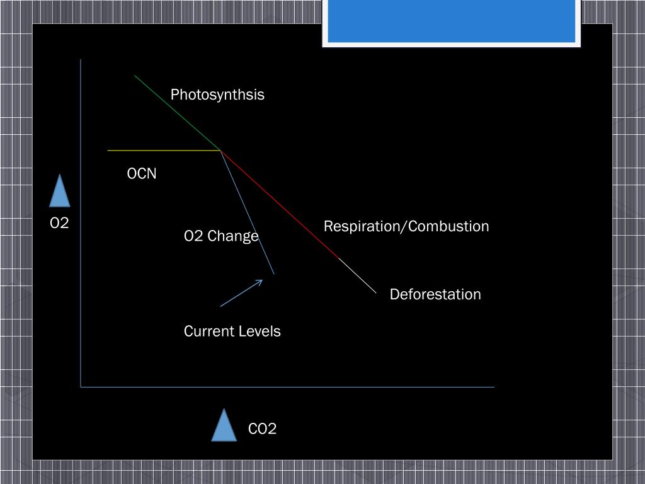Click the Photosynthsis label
[217, 95]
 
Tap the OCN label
[142, 173]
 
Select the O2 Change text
[221, 236]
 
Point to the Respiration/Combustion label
[406, 226]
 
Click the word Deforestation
[435, 294]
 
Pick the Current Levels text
[232, 331]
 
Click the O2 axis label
[59, 223]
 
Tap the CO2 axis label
[262, 429]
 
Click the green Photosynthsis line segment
[177, 113]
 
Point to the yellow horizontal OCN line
[164, 151]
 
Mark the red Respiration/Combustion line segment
[280, 205]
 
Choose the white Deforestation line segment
[358, 276]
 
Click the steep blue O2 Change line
[248, 212]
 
